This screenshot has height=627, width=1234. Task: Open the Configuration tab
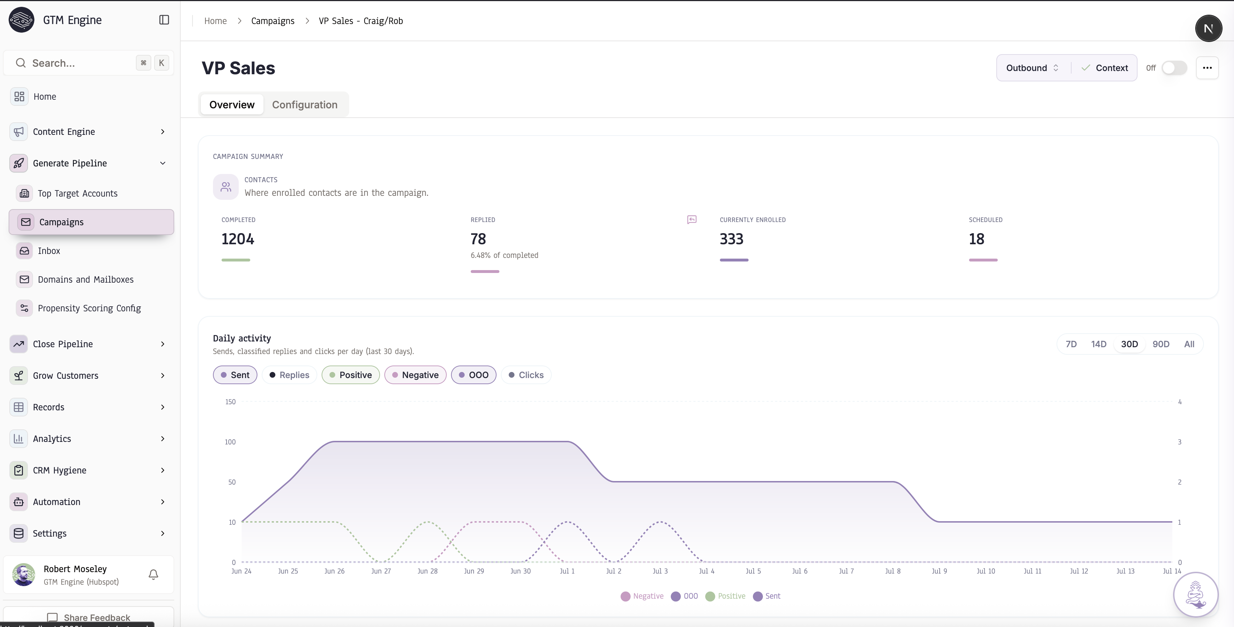point(305,104)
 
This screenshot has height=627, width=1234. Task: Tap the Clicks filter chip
point(526,375)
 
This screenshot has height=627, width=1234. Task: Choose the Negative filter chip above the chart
point(415,375)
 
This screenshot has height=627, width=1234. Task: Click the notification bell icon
point(153,574)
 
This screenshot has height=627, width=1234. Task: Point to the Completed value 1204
point(238,239)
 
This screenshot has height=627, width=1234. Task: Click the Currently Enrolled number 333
point(731,239)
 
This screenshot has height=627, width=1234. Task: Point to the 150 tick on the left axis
point(231,402)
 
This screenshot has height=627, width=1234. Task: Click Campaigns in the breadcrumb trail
point(272,20)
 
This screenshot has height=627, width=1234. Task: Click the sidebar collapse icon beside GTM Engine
point(164,20)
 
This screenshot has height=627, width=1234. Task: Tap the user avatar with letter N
point(1208,28)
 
